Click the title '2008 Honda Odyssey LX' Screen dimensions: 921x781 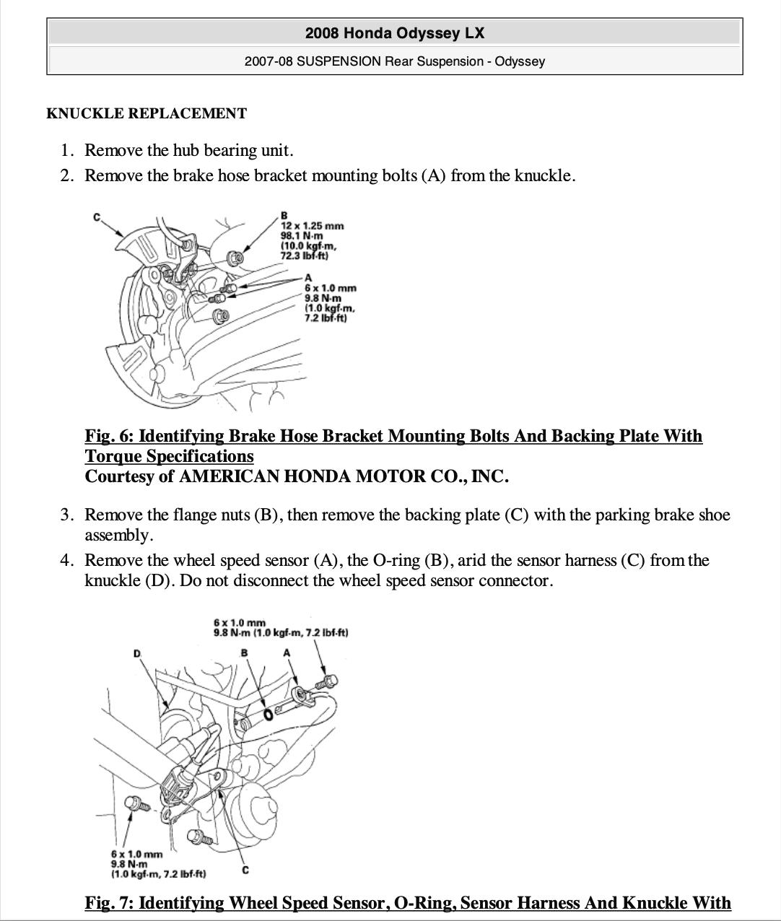click(x=394, y=33)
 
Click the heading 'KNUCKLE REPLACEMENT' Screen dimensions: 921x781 click(x=147, y=113)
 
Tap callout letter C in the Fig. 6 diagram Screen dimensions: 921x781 click(x=96, y=217)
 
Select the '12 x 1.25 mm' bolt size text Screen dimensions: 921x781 click(x=312, y=225)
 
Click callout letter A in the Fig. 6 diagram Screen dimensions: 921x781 click(x=308, y=278)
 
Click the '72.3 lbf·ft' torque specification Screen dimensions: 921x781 click(x=305, y=256)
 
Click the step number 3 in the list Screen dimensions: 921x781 click(x=66, y=515)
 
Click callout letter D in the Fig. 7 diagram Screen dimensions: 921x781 click(x=137, y=653)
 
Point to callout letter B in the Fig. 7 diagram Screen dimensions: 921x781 click(x=244, y=652)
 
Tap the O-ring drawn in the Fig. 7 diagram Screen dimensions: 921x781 click(x=269, y=714)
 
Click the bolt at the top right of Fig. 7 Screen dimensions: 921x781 click(x=330, y=680)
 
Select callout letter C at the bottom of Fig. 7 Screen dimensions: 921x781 click(x=245, y=870)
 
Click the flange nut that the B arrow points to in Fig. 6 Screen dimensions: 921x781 click(x=235, y=256)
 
